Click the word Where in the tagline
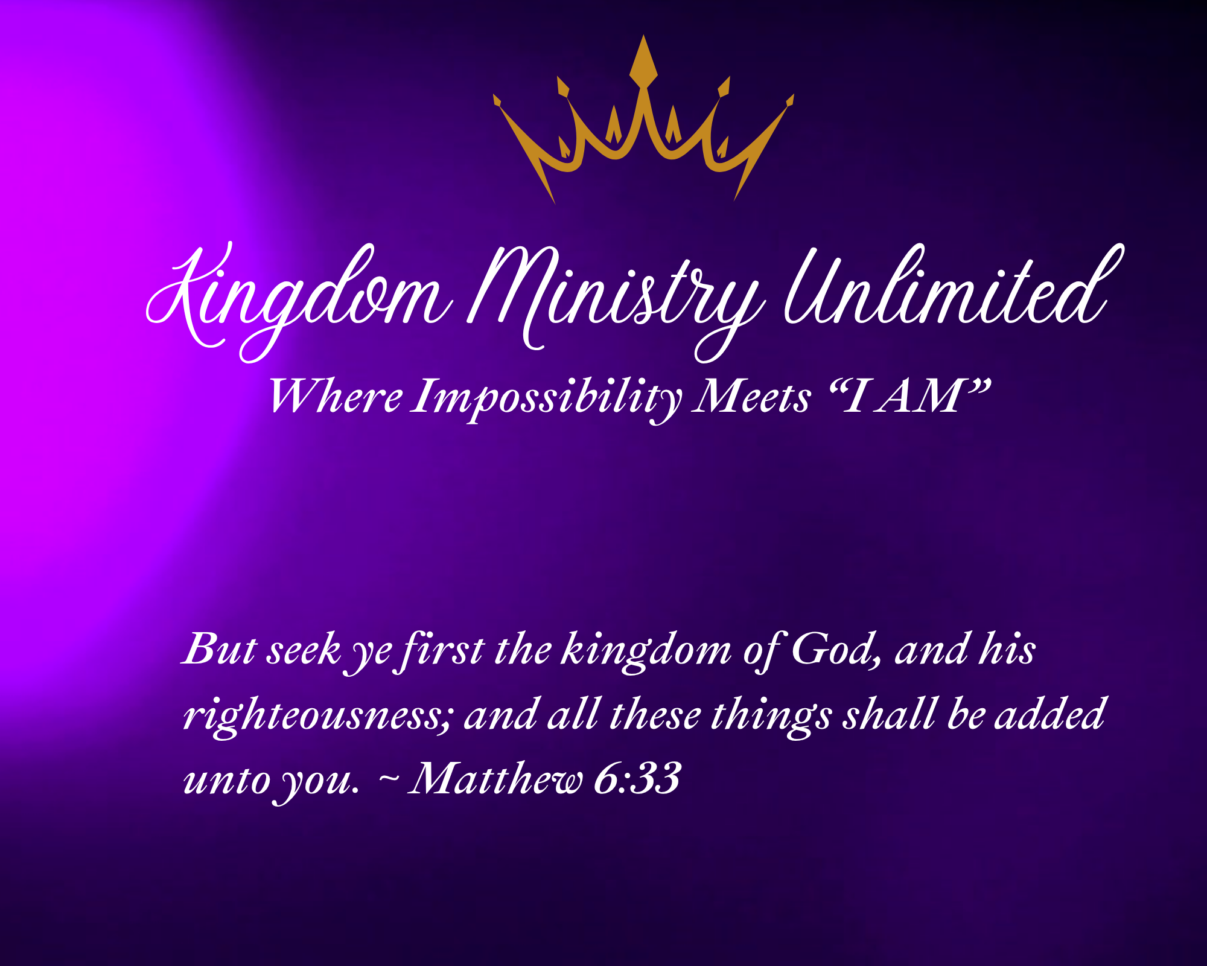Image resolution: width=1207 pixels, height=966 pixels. (x=336, y=397)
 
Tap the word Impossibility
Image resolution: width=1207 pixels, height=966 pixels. (x=547, y=398)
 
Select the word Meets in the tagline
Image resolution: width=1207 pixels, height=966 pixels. (x=751, y=397)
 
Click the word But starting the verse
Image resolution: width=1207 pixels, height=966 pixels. (x=220, y=650)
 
